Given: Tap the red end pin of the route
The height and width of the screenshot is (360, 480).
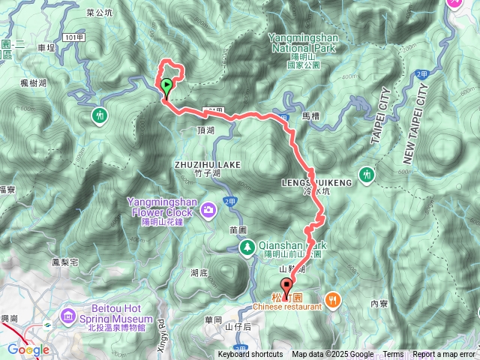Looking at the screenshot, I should click(x=286, y=286).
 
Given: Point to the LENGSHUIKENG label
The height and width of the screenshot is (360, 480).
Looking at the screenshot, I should click(x=310, y=181).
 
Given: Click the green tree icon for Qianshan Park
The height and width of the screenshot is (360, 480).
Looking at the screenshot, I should click(x=245, y=247).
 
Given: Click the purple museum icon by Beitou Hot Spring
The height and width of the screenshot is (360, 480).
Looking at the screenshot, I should click(x=69, y=315).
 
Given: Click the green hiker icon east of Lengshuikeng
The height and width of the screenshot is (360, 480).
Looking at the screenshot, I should click(x=366, y=174).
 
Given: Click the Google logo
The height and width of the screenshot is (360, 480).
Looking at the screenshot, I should click(x=28, y=349).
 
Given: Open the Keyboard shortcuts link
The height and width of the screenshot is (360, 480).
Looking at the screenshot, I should click(x=250, y=355).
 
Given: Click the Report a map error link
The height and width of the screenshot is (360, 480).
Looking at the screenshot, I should click(x=444, y=355).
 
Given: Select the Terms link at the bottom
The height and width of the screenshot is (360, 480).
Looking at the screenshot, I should click(x=393, y=355).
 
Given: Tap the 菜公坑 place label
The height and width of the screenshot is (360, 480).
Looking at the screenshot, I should click(x=99, y=12).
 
